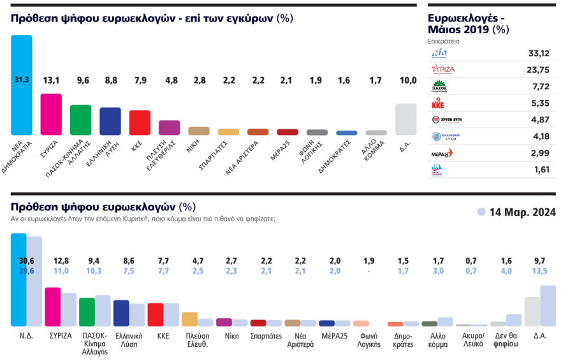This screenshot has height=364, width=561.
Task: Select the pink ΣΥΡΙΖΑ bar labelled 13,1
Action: click(x=51, y=115)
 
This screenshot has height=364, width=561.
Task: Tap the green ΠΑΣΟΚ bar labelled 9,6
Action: click(x=80, y=120)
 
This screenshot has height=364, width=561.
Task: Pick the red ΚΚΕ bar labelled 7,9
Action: click(x=140, y=122)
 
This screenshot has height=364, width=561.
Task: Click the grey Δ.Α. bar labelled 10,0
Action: click(x=406, y=119)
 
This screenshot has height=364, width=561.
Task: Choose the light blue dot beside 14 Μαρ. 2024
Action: click(x=481, y=212)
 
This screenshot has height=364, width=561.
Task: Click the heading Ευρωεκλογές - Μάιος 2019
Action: click(x=469, y=24)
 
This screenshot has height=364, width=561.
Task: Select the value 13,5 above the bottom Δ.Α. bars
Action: click(x=539, y=270)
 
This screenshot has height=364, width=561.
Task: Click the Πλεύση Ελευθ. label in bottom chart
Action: click(x=198, y=340)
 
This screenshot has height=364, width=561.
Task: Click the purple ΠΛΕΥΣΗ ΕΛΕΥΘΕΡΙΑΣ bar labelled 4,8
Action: click(x=169, y=127)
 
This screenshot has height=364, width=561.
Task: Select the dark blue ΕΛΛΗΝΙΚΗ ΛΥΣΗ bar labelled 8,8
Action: click(x=110, y=121)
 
